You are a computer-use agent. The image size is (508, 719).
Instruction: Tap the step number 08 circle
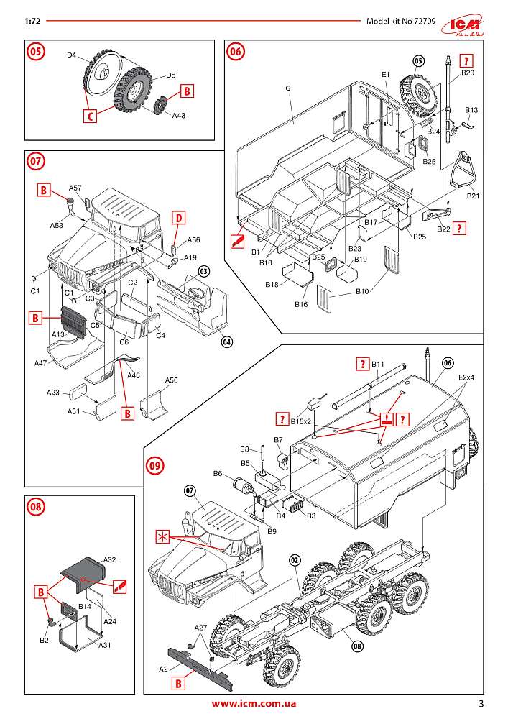(x=36, y=506)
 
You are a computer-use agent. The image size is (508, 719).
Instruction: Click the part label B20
(x=468, y=73)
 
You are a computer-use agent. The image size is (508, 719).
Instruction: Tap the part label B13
(x=471, y=109)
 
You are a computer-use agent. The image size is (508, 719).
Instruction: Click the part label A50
(x=171, y=380)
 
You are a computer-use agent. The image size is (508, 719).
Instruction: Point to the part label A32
(x=110, y=559)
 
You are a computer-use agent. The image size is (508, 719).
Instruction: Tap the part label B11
(x=379, y=365)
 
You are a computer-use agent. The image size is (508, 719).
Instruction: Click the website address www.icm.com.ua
(x=254, y=704)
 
